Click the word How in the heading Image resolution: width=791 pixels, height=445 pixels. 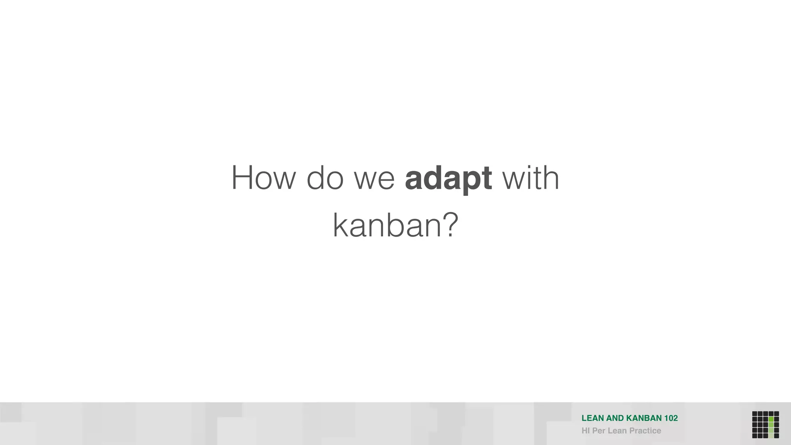[263, 178]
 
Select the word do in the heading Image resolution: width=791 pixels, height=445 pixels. [325, 178]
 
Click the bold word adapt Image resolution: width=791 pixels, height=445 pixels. [448, 179]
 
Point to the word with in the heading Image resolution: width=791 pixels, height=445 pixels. [530, 178]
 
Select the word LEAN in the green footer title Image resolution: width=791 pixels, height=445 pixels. [593, 418]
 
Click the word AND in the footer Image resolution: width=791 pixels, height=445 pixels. [615, 418]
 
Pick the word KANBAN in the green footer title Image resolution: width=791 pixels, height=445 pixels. [644, 418]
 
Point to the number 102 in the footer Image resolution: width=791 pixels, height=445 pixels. [671, 418]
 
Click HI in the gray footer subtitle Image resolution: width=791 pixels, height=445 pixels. [586, 431]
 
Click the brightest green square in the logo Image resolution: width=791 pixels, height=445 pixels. [771, 419]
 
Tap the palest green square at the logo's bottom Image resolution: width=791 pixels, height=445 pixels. [771, 436]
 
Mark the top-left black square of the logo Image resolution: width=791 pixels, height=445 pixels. [755, 414]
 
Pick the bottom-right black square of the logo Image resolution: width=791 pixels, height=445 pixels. [776, 436]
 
